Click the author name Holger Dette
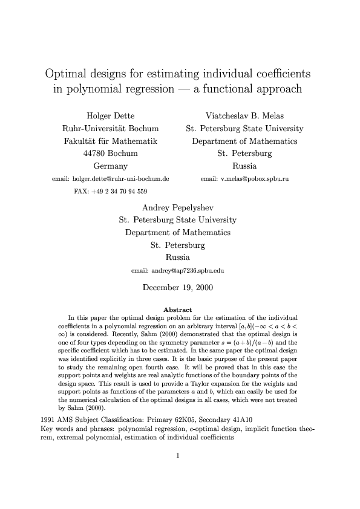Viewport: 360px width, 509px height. pyautogui.click(x=111, y=115)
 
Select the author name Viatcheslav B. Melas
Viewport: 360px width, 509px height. pyautogui.click(x=245, y=115)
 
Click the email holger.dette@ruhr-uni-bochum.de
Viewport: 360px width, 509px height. pyautogui.click(x=111, y=179)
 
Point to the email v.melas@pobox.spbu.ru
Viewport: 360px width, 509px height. pyautogui.click(x=244, y=179)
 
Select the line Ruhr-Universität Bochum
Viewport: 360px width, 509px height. pyautogui.click(x=111, y=128)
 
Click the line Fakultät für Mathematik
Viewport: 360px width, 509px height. pyautogui.click(x=111, y=141)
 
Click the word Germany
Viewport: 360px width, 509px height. pyautogui.click(x=111, y=166)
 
